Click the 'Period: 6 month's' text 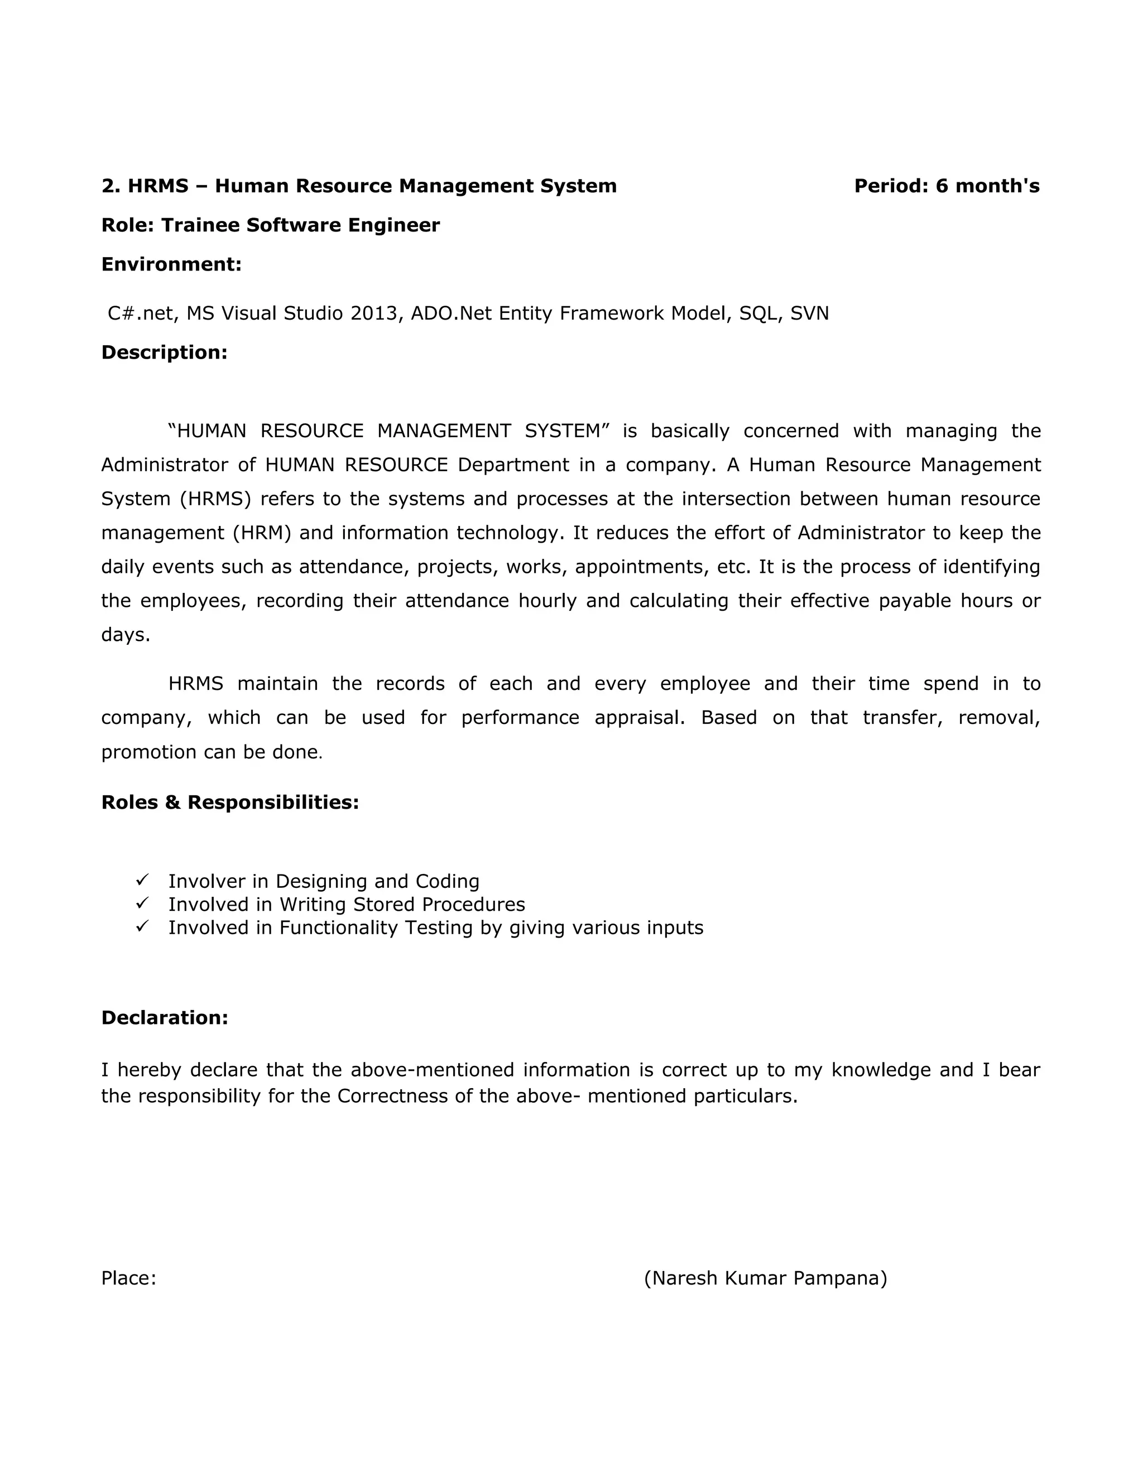coord(946,186)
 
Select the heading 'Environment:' coord(171,264)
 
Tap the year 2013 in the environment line coord(373,313)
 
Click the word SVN coord(809,313)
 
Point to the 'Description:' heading coord(165,352)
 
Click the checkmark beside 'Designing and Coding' coord(142,880)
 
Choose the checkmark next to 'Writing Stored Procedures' coord(142,903)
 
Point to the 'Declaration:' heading coord(165,1018)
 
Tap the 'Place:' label coord(129,1278)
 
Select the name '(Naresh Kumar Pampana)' coord(765,1278)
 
